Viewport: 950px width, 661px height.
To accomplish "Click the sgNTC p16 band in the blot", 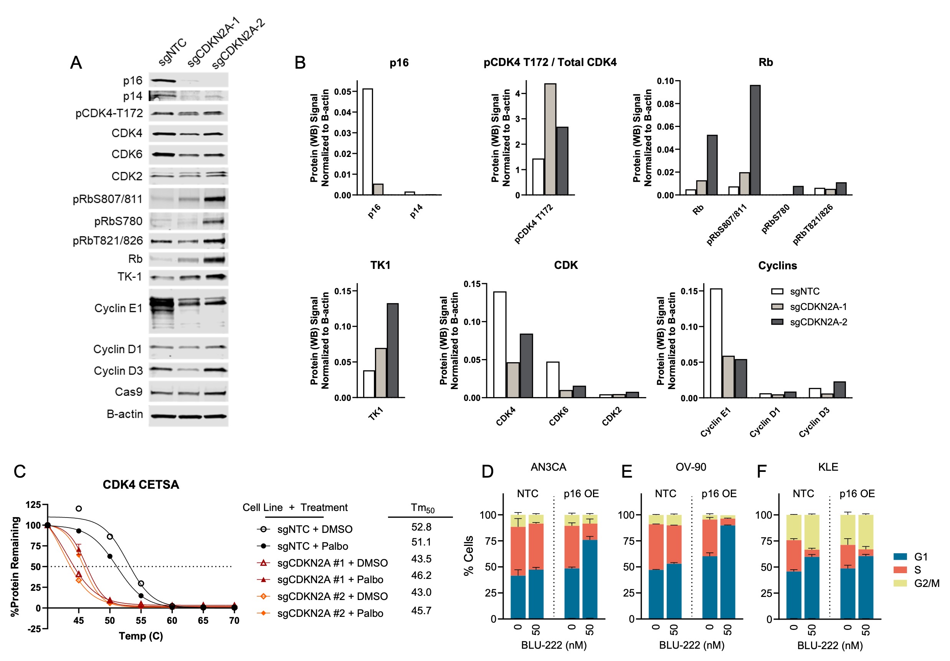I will (162, 80).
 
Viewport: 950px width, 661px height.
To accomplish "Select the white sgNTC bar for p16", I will (367, 142).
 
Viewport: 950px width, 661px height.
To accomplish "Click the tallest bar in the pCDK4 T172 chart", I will (550, 139).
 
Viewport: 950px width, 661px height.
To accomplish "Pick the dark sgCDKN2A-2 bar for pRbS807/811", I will (755, 140).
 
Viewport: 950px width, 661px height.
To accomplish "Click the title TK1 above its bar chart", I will (380, 265).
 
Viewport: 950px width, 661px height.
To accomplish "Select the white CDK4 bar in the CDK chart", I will (499, 344).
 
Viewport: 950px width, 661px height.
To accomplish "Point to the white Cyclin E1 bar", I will (716, 343).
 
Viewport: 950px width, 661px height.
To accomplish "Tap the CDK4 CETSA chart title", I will (141, 485).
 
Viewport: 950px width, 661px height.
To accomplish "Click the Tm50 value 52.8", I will (421, 527).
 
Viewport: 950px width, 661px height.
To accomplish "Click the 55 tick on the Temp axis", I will (141, 620).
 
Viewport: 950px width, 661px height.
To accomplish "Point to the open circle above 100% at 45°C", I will (79, 508).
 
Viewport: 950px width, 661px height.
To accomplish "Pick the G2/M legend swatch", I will (900, 583).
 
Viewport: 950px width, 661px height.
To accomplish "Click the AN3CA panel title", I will (548, 466).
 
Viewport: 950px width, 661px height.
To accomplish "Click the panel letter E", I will (626, 471).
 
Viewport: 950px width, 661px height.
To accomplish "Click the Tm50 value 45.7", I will (421, 610).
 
